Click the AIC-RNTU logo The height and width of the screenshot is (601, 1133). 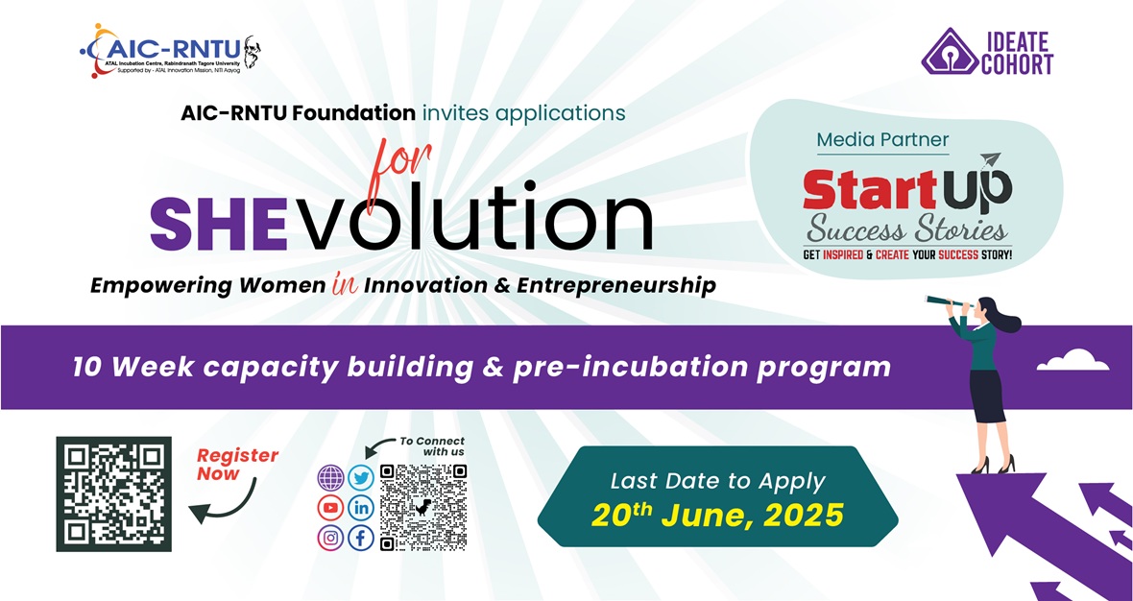point(171,51)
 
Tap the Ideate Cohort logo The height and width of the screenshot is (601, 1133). point(987,51)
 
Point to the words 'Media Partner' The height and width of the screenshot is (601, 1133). point(882,139)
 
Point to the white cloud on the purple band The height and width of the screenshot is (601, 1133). point(1073,360)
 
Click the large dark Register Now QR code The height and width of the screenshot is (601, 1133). point(114,494)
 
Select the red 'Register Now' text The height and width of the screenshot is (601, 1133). point(238,465)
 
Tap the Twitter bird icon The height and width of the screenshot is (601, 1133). point(361,477)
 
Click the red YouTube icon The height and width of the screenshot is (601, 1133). point(331,508)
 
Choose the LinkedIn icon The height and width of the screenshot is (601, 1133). point(361,508)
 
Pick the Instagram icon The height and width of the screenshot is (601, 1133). point(331,539)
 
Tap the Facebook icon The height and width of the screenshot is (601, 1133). point(361,539)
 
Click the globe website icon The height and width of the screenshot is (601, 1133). point(331,477)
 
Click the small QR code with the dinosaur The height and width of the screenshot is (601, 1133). point(423,507)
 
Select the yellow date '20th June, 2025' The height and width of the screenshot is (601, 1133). point(717,515)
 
